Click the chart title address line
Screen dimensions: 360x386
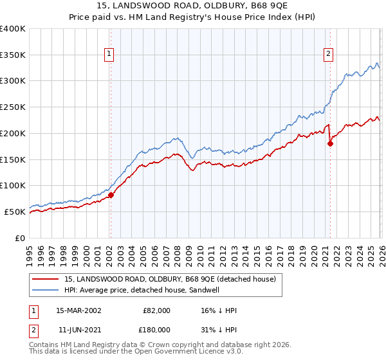(x=193, y=7)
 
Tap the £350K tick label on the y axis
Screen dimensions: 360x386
(x=13, y=55)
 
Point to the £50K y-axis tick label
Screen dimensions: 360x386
(x=15, y=212)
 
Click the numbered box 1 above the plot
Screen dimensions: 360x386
(x=110, y=55)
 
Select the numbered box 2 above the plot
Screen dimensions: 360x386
(x=329, y=55)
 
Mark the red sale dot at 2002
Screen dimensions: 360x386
(x=111, y=195)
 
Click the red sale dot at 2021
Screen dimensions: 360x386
(x=330, y=143)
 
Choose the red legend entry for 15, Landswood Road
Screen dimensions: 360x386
(x=170, y=278)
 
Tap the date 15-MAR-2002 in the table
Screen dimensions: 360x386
(x=78, y=310)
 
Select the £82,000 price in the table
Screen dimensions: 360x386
(x=156, y=310)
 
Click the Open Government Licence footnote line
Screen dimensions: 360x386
(x=129, y=353)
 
